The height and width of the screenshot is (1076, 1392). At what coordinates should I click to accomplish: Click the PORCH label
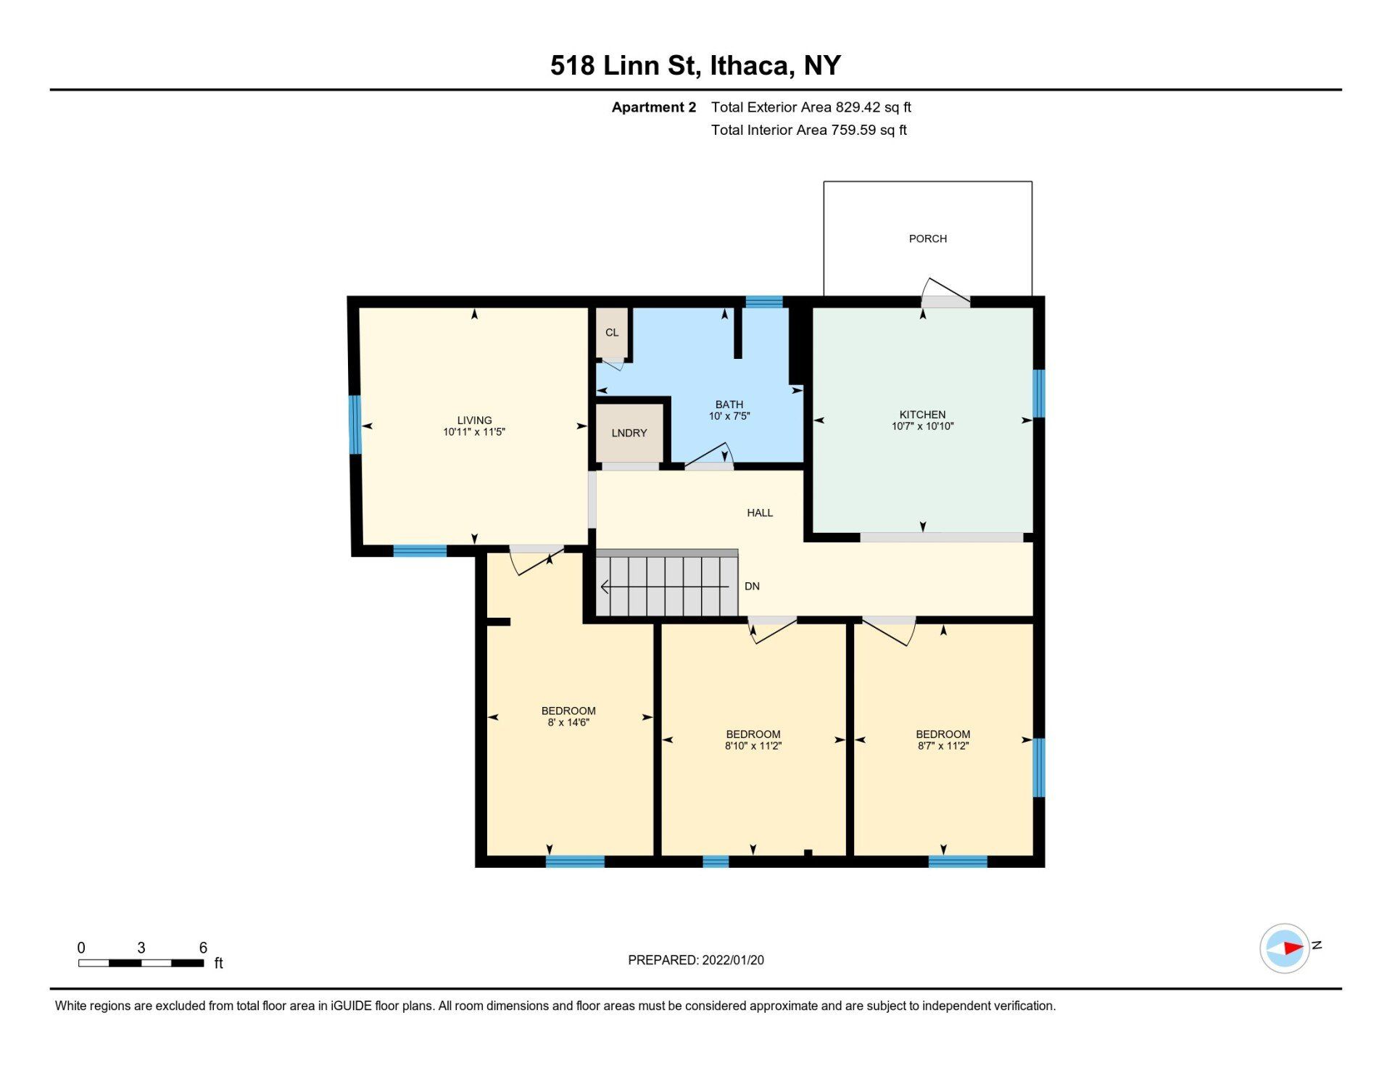927,239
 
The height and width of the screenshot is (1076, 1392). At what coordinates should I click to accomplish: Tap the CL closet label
612,333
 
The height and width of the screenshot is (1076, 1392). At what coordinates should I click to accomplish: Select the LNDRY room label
629,433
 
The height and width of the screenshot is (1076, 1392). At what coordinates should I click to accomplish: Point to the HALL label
760,513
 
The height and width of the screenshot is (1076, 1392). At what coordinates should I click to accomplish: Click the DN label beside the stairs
752,586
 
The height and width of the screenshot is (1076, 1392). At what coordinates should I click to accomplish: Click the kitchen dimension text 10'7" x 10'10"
922,426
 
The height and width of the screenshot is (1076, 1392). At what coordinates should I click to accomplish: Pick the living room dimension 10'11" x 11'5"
474,432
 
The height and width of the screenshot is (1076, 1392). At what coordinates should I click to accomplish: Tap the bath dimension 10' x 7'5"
729,416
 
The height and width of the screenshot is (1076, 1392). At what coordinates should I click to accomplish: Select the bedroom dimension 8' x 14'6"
568,722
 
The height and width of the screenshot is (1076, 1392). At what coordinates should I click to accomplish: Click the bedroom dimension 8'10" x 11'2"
753,745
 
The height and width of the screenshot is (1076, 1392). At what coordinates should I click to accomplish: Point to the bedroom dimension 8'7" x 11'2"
942,745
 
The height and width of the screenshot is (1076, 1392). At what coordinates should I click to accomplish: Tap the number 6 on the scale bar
203,948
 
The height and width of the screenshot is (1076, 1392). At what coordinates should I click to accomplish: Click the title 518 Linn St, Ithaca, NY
695,65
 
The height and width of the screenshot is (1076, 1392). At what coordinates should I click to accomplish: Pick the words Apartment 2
653,107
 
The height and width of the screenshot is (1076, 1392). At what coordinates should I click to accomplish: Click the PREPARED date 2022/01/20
733,960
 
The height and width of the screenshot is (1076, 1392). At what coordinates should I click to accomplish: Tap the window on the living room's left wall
355,424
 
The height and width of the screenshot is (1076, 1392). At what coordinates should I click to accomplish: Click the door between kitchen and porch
945,294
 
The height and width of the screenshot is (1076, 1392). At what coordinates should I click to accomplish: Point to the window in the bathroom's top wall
764,302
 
